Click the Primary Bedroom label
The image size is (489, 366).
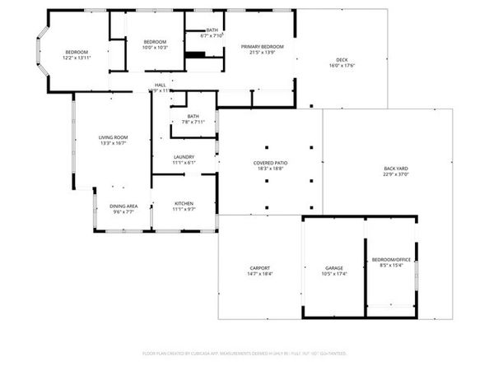tap(262, 47)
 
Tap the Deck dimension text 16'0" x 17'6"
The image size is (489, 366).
tap(342, 67)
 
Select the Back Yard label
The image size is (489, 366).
tap(396, 168)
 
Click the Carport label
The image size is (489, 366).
tap(260, 268)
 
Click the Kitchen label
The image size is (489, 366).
tap(184, 203)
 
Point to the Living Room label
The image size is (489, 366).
tap(113, 137)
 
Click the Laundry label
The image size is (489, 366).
tap(184, 157)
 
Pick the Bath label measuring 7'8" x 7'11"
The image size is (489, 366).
tap(193, 116)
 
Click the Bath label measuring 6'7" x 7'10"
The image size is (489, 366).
tap(212, 30)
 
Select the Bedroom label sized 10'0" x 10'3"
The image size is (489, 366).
tap(156, 42)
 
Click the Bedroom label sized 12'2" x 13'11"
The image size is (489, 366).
tap(77, 53)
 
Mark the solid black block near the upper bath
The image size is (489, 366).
tap(195, 55)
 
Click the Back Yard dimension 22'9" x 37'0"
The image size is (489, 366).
tap(396, 174)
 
